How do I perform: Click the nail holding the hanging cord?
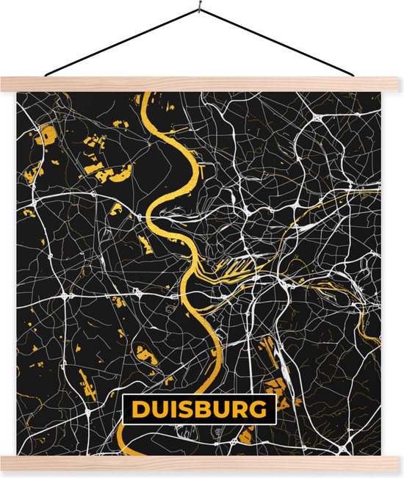pyautogui.click(x=200, y=8)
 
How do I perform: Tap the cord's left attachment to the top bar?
pyautogui.click(x=46, y=75)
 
